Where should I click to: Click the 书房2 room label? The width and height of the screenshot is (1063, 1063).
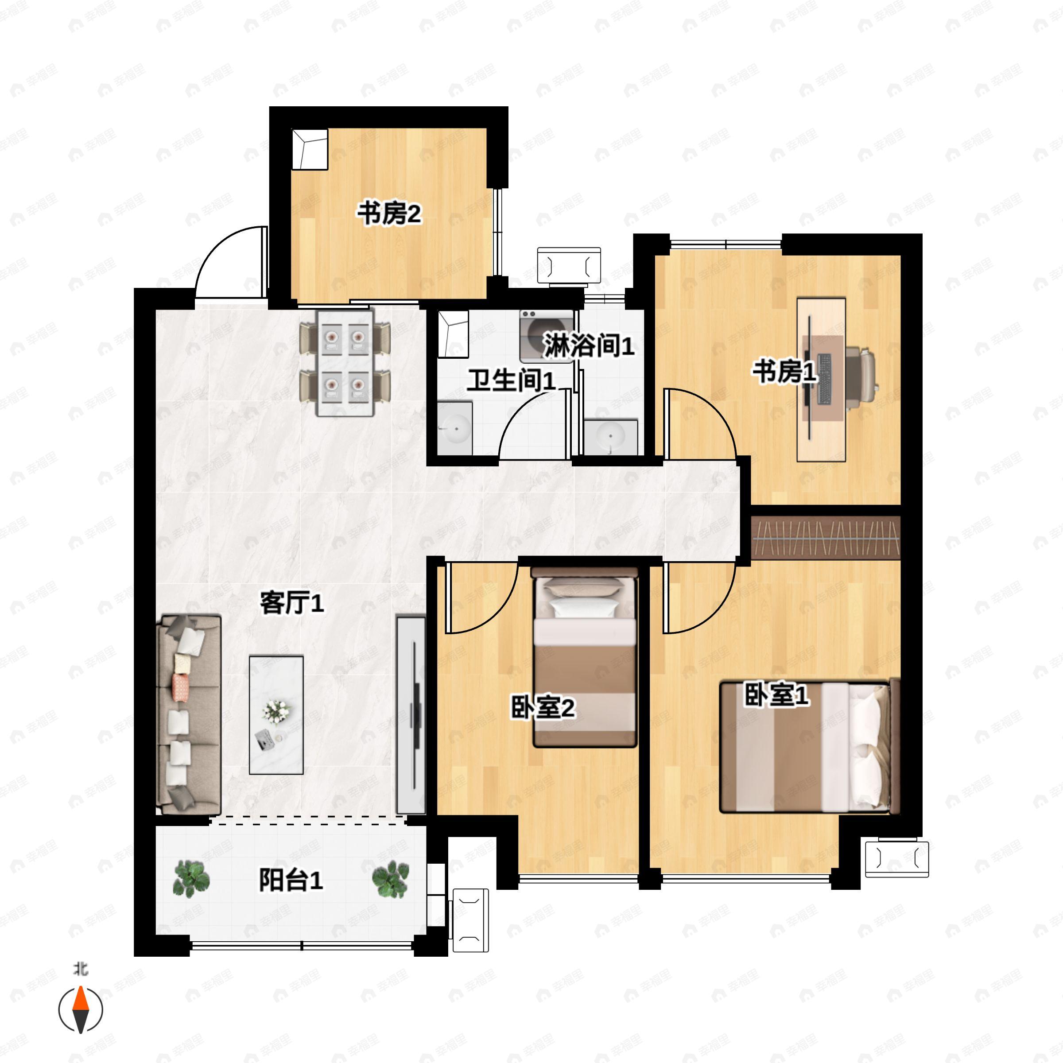(x=390, y=213)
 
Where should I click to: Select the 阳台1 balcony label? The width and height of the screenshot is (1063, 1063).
(x=291, y=881)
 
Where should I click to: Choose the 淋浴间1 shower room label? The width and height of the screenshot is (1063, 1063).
(x=589, y=345)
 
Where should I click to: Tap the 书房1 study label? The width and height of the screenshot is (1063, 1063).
(x=784, y=372)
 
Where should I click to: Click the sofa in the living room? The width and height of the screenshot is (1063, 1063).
(x=189, y=715)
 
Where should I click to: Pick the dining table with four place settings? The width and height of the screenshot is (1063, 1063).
(x=345, y=363)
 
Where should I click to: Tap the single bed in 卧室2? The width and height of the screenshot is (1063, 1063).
(x=585, y=657)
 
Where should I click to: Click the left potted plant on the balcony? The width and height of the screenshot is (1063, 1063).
(x=191, y=879)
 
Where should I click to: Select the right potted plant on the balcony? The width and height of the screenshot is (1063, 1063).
(x=391, y=879)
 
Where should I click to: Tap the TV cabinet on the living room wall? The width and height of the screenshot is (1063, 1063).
(x=411, y=715)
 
